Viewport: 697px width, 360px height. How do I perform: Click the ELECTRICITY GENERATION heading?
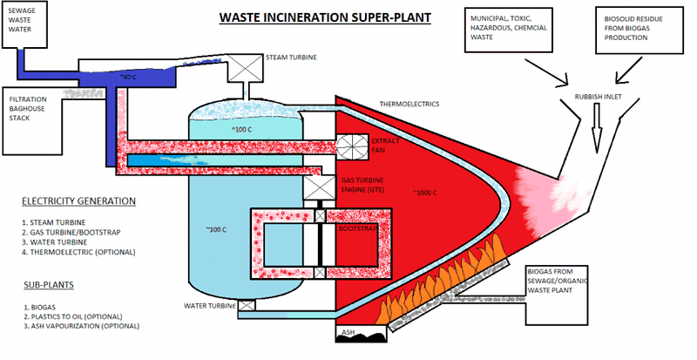(x=78, y=201)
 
